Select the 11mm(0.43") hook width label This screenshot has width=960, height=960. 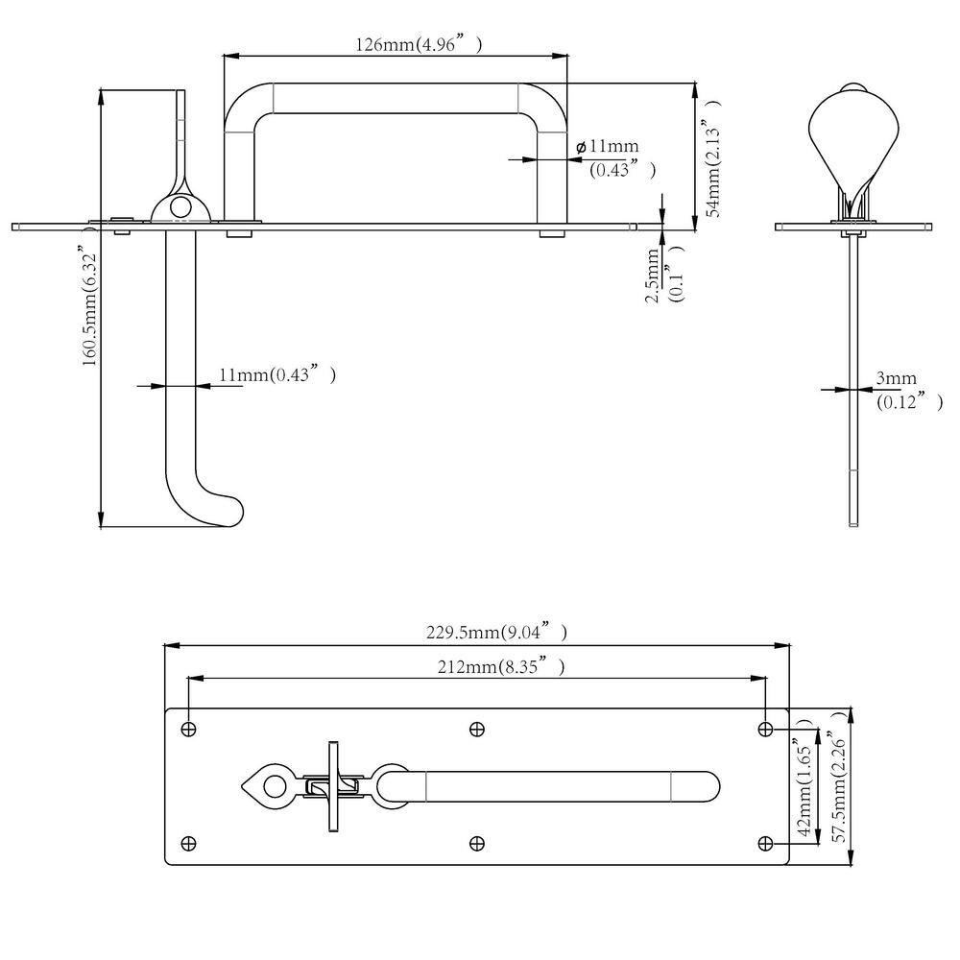click(276, 375)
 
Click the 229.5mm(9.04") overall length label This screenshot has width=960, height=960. click(495, 633)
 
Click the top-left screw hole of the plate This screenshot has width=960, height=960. click(188, 730)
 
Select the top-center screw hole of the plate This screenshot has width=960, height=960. click(476, 730)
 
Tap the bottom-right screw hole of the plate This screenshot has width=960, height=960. click(765, 844)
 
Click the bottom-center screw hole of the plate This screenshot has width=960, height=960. click(476, 844)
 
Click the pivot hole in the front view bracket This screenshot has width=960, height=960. click(178, 205)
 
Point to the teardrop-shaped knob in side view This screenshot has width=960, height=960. click(854, 134)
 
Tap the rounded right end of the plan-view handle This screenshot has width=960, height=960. click(706, 786)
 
